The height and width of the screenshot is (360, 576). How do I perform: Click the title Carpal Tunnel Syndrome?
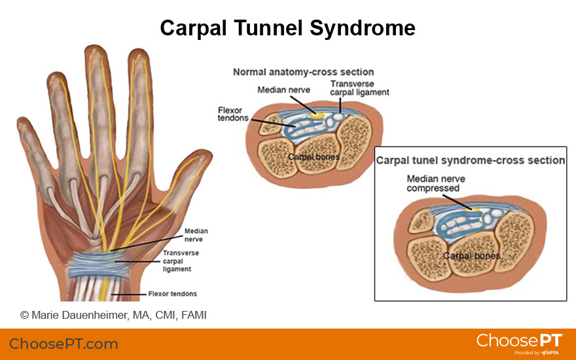click(287, 28)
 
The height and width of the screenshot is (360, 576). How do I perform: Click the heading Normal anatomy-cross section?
click(303, 72)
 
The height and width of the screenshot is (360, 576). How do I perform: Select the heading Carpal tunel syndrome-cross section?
click(471, 160)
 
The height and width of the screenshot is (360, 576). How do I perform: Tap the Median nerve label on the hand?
click(196, 235)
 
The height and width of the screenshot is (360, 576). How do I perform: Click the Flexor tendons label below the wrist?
click(173, 294)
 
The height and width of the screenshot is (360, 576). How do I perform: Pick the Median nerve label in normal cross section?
click(283, 90)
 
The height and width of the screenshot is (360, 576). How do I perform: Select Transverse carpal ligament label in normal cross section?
click(359, 88)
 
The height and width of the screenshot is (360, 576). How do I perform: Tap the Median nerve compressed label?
click(433, 183)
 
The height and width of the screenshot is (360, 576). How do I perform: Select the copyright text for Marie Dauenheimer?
click(113, 315)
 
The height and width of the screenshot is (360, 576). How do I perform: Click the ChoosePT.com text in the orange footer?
click(63, 344)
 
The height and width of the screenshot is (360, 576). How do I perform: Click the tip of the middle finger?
click(95, 51)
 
